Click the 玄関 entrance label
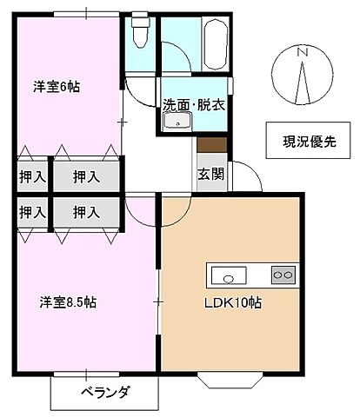pyautogui.click(x=210, y=173)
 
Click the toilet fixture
pyautogui.click(x=138, y=33)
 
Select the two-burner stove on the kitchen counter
pyautogui.click(x=283, y=275)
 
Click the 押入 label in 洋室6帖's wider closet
pyautogui.click(x=85, y=176)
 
